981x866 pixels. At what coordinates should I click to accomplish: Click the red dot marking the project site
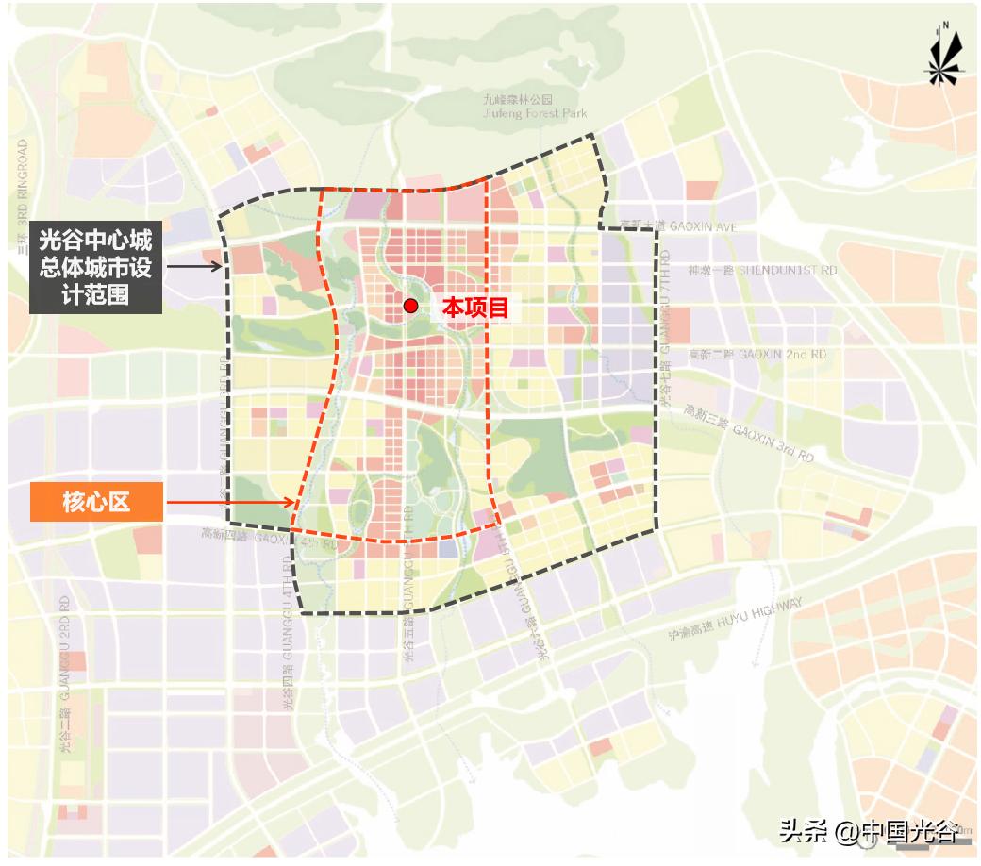(410, 306)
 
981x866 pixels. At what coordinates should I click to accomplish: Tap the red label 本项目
(476, 307)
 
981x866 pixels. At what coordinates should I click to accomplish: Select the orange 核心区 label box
(96, 502)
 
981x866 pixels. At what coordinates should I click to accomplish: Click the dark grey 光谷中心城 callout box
(95, 268)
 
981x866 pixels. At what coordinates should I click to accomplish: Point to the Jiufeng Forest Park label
(535, 113)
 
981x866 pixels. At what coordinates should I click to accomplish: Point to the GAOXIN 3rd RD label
(750, 434)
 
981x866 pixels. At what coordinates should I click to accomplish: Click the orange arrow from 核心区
(231, 503)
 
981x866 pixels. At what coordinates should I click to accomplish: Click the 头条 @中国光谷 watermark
(869, 831)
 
